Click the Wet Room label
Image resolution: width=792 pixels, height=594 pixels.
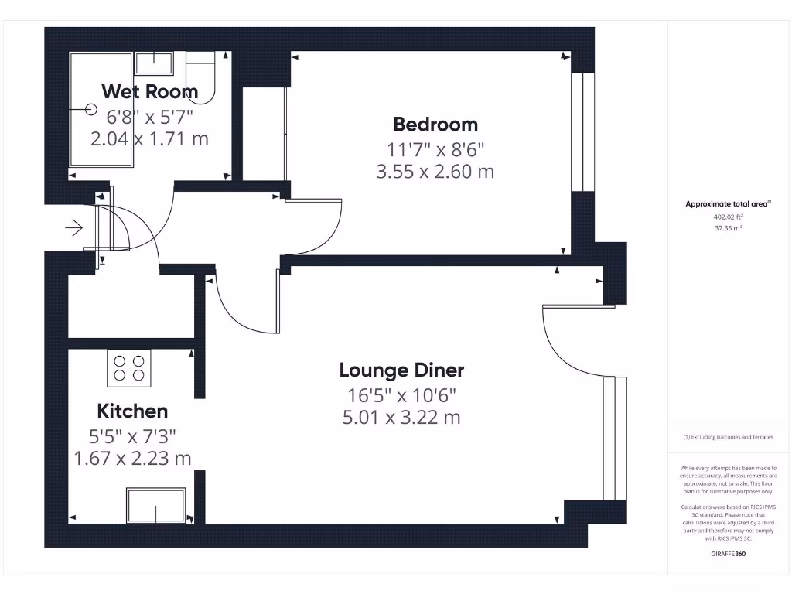point(149,91)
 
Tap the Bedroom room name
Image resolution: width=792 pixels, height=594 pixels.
point(435,124)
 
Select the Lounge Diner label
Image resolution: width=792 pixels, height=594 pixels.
point(401,370)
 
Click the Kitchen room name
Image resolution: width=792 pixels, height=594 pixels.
point(132,411)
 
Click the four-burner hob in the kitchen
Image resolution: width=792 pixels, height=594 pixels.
point(129,368)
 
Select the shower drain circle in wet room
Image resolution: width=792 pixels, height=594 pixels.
point(90,112)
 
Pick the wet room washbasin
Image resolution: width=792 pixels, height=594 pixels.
point(155,63)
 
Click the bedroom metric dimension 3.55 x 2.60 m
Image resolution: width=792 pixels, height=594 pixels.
point(435,172)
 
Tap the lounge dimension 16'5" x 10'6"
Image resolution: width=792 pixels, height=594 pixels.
point(401,395)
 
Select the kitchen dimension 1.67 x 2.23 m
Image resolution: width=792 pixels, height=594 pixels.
point(132,458)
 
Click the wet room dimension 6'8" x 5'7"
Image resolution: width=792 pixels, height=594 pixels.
point(149,116)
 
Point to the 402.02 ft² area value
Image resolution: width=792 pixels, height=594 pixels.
point(728,217)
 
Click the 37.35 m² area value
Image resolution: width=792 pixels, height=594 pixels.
point(728,228)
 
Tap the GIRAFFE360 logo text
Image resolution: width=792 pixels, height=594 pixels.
point(728,554)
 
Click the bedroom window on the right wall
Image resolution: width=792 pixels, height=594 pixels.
point(577,131)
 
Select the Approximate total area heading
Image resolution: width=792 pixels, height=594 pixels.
point(728,204)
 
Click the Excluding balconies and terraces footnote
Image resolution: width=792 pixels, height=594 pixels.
point(728,437)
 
